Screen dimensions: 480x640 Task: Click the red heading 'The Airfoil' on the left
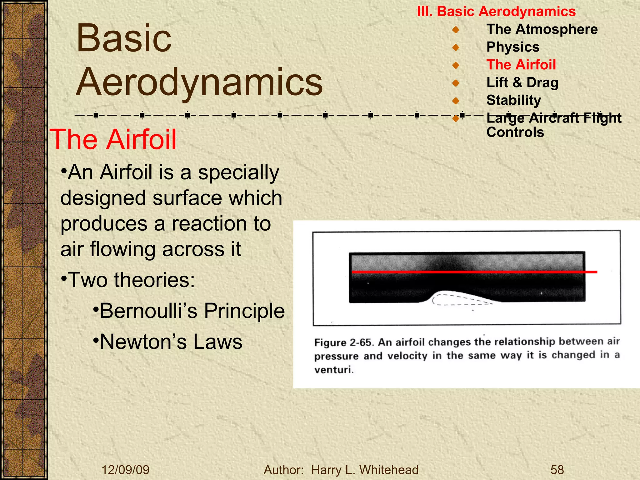[113, 140]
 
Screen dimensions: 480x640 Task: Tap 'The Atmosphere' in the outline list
[542, 29]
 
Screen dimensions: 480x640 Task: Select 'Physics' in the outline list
[513, 47]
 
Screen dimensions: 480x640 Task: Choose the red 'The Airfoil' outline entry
[521, 65]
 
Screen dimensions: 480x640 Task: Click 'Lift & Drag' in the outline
[522, 83]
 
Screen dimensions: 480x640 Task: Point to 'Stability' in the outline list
[513, 100]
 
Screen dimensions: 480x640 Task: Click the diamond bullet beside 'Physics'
[456, 47]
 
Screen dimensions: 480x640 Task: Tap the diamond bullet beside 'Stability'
[456, 101]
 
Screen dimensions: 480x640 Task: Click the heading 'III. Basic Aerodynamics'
[496, 12]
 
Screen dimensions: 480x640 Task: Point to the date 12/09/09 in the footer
[126, 470]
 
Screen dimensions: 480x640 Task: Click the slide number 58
[557, 470]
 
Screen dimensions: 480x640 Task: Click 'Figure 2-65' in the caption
[343, 342]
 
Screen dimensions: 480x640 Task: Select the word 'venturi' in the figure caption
[333, 370]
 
